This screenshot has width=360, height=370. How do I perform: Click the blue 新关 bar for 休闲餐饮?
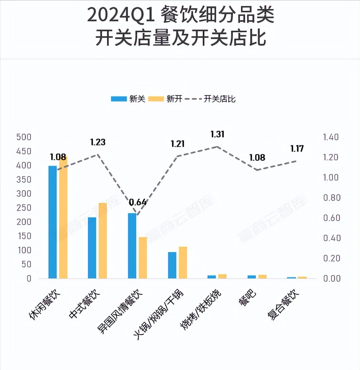pos(53,222)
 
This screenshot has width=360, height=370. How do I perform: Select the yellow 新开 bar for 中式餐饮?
pos(103,241)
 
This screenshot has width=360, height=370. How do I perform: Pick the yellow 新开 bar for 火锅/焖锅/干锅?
pos(183,263)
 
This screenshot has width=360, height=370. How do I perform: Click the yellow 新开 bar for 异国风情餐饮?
pos(143,258)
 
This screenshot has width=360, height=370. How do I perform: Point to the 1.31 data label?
pos(217,134)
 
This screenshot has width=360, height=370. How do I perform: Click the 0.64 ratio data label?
pos(138,202)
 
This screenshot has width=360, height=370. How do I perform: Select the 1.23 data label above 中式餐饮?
pos(98,142)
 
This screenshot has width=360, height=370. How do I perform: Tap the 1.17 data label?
pos(297,148)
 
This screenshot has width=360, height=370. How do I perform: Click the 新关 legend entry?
pos(129,99)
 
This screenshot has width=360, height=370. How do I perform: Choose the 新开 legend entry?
pos(166,99)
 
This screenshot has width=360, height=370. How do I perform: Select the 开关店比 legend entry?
pos(211,99)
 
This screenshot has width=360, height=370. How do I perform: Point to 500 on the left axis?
pos(24,137)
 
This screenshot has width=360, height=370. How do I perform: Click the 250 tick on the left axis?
pos(24,208)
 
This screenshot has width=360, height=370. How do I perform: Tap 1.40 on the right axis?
pos(331,137)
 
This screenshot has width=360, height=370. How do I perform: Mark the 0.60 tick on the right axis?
pos(332,218)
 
